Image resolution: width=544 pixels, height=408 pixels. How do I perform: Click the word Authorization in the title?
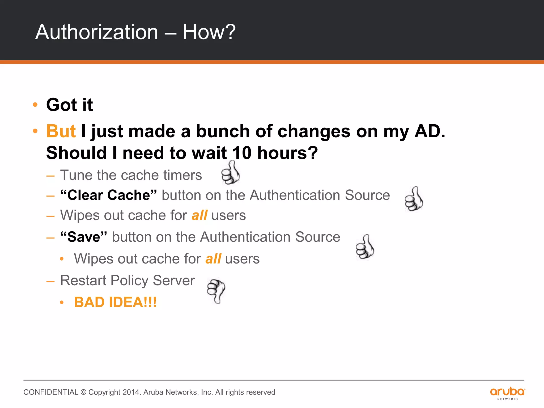pos(97,32)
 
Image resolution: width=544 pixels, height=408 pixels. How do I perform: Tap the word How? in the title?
pos(209,32)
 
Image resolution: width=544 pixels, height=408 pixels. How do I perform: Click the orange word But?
pos(61,131)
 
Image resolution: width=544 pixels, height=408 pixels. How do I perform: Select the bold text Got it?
pos(70,105)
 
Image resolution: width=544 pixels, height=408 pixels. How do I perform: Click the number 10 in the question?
pos(241,153)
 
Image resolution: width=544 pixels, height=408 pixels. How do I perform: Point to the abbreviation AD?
pos(430,131)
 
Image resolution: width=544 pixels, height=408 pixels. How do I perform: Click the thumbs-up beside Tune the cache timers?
pos(231,173)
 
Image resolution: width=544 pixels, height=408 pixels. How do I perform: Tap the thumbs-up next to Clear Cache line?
pos(414,199)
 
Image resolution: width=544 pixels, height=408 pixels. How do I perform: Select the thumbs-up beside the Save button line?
pos(365,247)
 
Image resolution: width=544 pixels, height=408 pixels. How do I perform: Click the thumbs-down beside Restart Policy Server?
pos(216,291)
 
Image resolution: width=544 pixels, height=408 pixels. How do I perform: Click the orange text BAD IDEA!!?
pos(115,302)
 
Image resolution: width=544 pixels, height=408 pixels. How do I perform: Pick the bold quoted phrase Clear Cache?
pos(108,195)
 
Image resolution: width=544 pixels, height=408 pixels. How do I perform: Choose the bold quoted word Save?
pos(84,237)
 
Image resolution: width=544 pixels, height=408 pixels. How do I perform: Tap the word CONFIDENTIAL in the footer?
pos(51,392)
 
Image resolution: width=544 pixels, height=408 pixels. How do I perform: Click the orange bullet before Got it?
pos(35,105)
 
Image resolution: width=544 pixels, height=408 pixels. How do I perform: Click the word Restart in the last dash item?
pos(83,280)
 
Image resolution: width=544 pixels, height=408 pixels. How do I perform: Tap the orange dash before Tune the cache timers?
pos(50,176)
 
